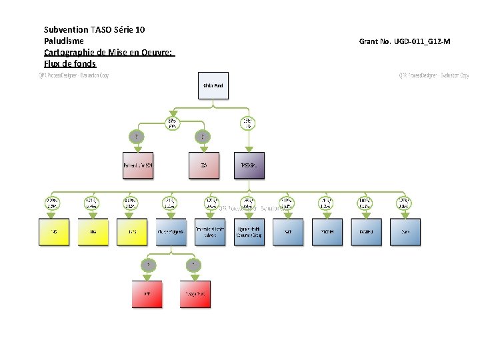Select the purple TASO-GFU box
(x=249, y=165)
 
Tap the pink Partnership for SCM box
(x=138, y=165)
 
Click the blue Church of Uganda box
(x=171, y=232)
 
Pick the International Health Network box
(x=210, y=232)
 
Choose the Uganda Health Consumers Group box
(x=249, y=232)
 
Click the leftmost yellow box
(x=54, y=232)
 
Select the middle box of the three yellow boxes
(x=93, y=232)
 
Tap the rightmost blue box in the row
(x=405, y=232)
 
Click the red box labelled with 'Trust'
(x=195, y=294)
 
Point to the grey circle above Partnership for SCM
(x=138, y=137)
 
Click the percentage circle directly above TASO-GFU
(x=249, y=123)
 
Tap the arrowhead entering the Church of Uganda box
(x=171, y=215)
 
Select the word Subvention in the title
(x=66, y=30)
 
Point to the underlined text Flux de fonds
(x=70, y=64)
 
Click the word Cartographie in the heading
(x=69, y=53)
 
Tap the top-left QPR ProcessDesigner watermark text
(x=73, y=75)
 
